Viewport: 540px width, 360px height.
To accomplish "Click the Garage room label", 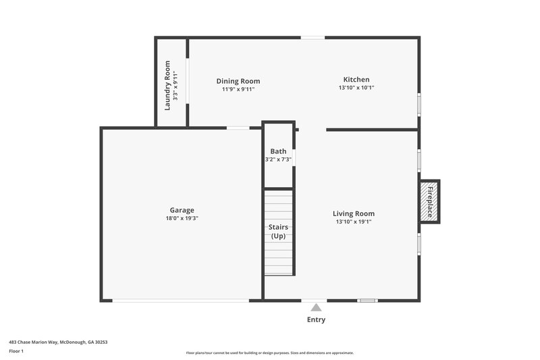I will [182, 210].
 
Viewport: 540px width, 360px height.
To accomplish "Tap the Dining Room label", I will [238, 81].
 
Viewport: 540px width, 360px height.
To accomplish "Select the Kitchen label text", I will [356, 80].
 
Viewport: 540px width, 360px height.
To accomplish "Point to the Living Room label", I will [354, 213].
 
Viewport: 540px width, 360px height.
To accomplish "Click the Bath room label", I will [278, 151].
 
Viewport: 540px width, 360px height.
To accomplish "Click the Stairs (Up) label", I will [278, 231].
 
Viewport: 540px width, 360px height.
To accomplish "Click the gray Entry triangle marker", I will [316, 307].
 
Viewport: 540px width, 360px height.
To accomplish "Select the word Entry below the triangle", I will [316, 319].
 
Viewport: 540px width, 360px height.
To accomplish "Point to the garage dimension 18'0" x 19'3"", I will [182, 218].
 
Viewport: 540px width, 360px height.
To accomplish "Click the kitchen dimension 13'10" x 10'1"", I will [356, 88].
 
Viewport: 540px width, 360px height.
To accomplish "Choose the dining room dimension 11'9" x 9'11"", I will [238, 89].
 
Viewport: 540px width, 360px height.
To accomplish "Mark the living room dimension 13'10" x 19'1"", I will [354, 222].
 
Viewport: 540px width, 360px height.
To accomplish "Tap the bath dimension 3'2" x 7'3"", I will [278, 159].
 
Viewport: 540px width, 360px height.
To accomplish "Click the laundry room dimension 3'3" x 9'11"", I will [175, 86].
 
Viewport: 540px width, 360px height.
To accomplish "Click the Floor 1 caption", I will [16, 351].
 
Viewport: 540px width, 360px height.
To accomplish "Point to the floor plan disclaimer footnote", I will [270, 353].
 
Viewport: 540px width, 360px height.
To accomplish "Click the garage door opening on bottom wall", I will [180, 301].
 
